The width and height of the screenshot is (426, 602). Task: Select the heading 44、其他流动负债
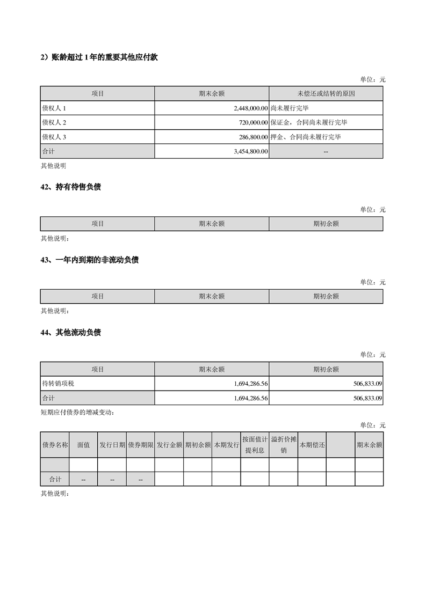pyautogui.click(x=71, y=333)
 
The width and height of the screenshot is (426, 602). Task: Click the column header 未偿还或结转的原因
pyautogui.click(x=326, y=94)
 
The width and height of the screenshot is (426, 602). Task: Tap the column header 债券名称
pyautogui.click(x=55, y=445)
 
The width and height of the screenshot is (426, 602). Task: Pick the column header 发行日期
pyautogui.click(x=112, y=445)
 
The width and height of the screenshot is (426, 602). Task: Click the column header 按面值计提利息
pyautogui.click(x=255, y=445)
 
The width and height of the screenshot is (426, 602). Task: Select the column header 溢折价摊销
pyautogui.click(x=284, y=445)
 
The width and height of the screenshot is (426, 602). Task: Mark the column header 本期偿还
pyautogui.click(x=312, y=445)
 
